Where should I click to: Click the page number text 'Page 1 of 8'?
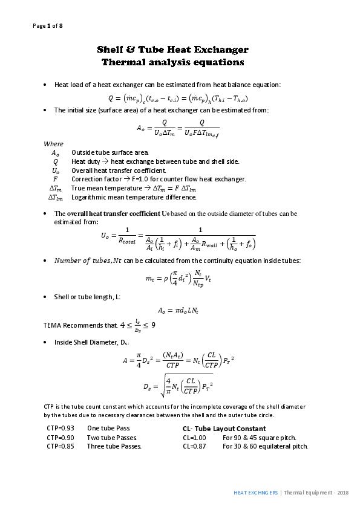pyautogui.click(x=47, y=25)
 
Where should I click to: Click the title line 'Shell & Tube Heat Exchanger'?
pyautogui.click(x=173, y=50)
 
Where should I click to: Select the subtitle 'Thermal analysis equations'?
pyautogui.click(x=173, y=62)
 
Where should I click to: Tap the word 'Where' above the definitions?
pyautogui.click(x=53, y=144)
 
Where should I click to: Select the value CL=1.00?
pyautogui.click(x=195, y=438)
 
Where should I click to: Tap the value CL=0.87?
pyautogui.click(x=195, y=447)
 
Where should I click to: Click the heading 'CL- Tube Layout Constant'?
pyautogui.click(x=224, y=429)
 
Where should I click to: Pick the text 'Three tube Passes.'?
pyautogui.click(x=114, y=447)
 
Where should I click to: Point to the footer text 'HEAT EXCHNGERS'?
pyautogui.click(x=256, y=493)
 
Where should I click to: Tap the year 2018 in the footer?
pyautogui.click(x=343, y=493)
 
